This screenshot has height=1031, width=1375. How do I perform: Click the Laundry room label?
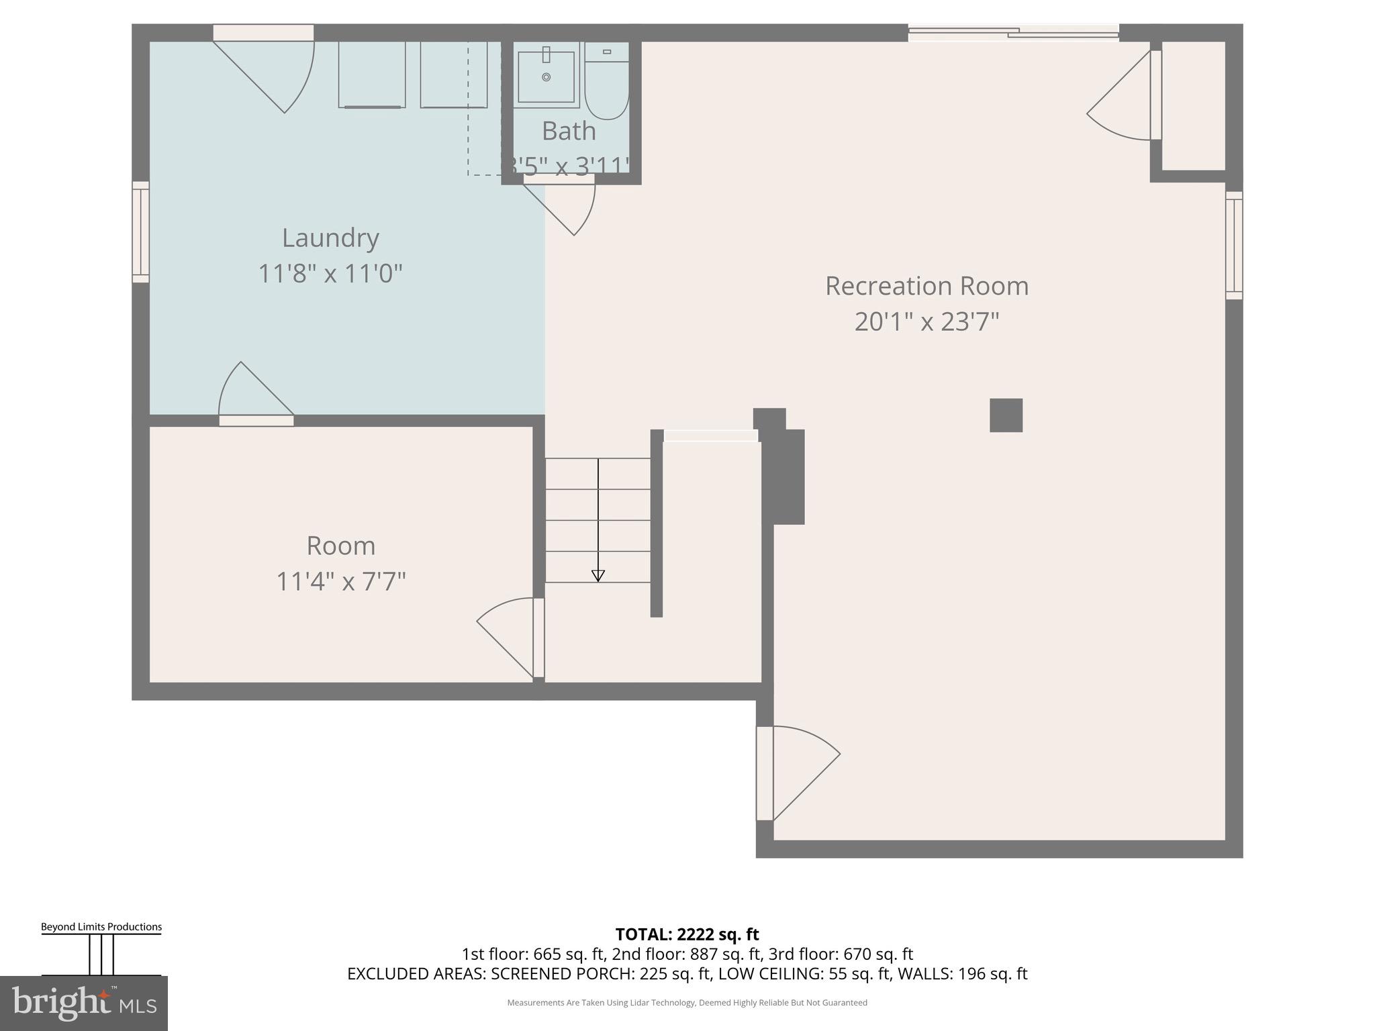(330, 238)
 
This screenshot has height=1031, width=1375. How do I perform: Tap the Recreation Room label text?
(927, 286)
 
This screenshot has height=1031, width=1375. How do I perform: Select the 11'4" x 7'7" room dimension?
(341, 581)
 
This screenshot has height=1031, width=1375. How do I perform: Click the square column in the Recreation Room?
(1006, 415)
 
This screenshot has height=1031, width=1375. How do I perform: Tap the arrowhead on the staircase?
(598, 575)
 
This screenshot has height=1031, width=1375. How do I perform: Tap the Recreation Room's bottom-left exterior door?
(799, 772)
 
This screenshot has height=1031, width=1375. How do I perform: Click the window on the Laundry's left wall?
(140, 232)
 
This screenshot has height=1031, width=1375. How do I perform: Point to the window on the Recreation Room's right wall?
(1234, 245)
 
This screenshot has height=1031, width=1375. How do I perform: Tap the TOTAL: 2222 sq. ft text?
(687, 934)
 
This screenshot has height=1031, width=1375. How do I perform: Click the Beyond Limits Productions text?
(101, 927)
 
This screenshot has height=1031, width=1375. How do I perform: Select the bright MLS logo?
(83, 1003)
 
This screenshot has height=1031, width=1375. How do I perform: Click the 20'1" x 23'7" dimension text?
(927, 322)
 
